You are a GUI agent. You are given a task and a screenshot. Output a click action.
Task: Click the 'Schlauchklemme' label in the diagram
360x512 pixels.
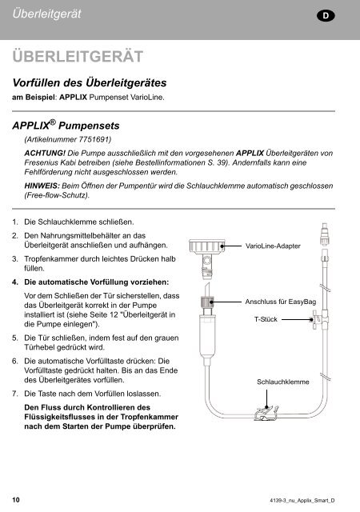tap(282, 383)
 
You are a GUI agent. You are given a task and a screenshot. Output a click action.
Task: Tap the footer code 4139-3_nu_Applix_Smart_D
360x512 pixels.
tap(305, 500)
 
